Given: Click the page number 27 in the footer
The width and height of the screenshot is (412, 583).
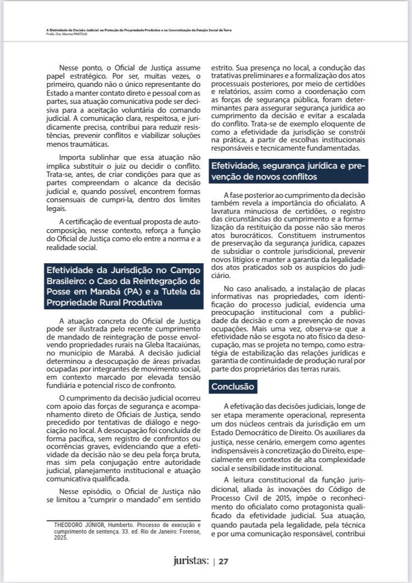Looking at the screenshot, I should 224,561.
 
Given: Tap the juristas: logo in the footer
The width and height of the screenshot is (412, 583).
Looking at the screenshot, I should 191,560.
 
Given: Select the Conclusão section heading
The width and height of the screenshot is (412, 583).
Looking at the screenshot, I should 233,387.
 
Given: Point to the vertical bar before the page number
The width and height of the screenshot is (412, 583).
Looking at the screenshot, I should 214,561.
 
